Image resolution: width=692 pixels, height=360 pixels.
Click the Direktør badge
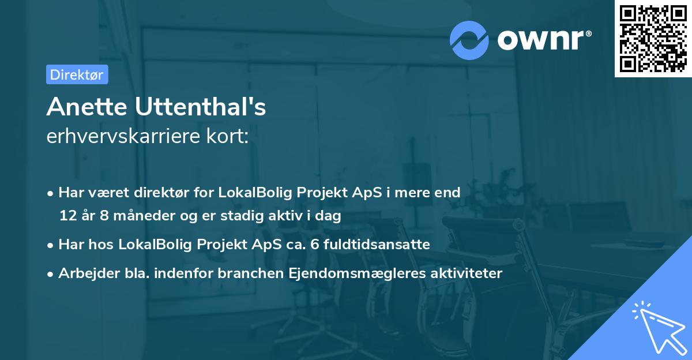click(77, 74)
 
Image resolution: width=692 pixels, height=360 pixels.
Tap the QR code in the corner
click(653, 39)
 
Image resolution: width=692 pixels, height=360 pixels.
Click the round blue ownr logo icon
click(469, 40)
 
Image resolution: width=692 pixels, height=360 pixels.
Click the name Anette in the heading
click(86, 107)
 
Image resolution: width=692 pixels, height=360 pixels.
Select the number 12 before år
click(66, 216)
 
